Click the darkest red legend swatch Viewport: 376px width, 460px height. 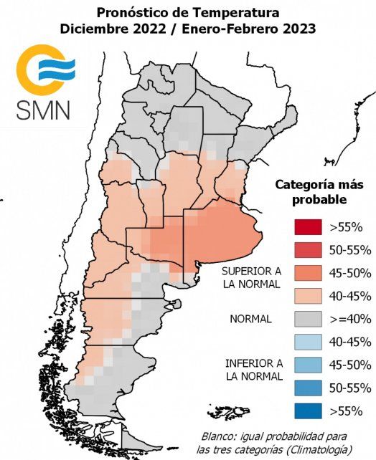[306, 227]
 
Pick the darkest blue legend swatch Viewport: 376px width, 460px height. [306, 411]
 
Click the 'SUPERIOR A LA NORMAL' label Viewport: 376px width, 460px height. [251, 278]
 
